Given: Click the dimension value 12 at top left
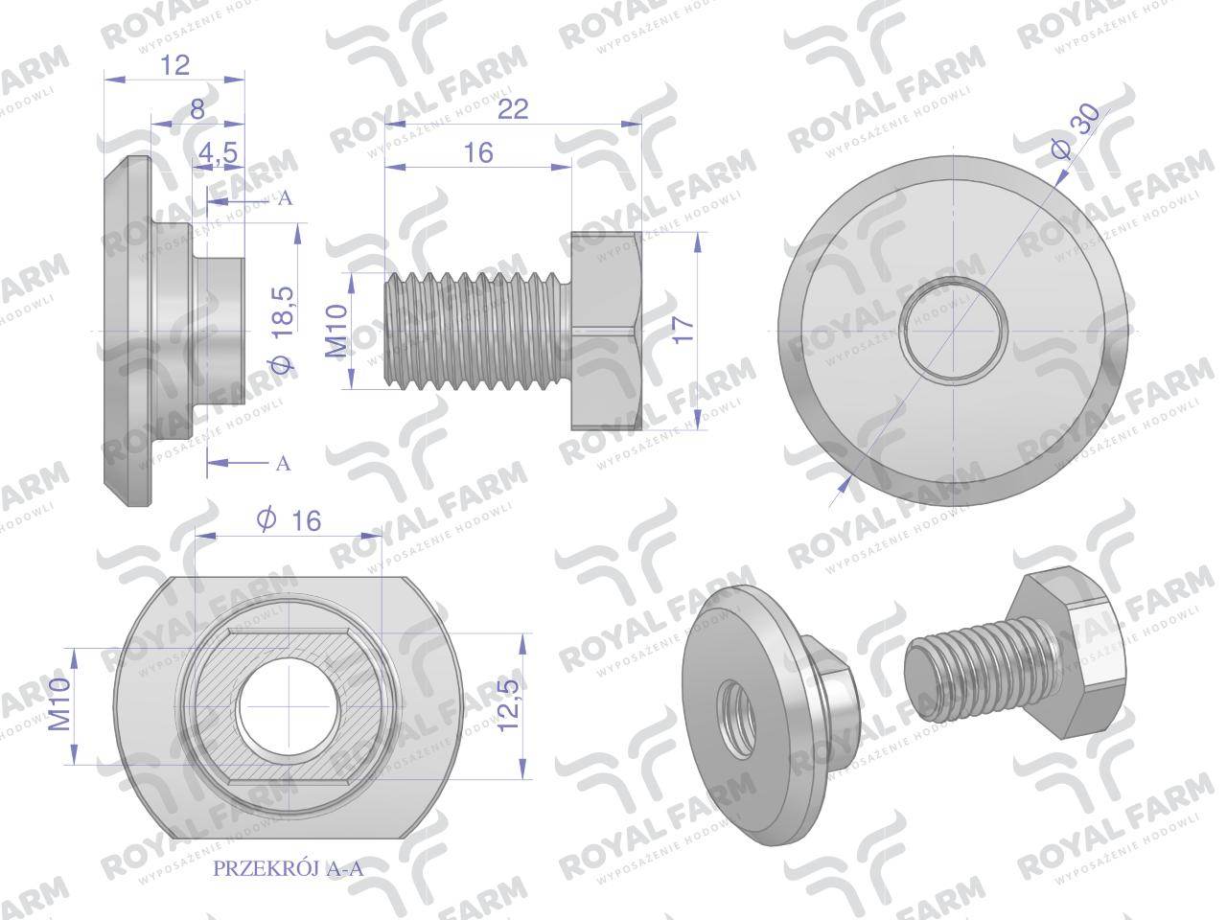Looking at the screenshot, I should (x=175, y=65).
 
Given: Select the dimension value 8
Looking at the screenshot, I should (x=197, y=109).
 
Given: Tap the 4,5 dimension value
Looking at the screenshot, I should (x=218, y=152).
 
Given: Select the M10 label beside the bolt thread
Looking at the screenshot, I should (x=336, y=332).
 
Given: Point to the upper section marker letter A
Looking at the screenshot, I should (x=284, y=199).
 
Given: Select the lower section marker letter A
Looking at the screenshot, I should (x=283, y=464).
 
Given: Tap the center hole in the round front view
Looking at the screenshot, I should (x=955, y=330).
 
